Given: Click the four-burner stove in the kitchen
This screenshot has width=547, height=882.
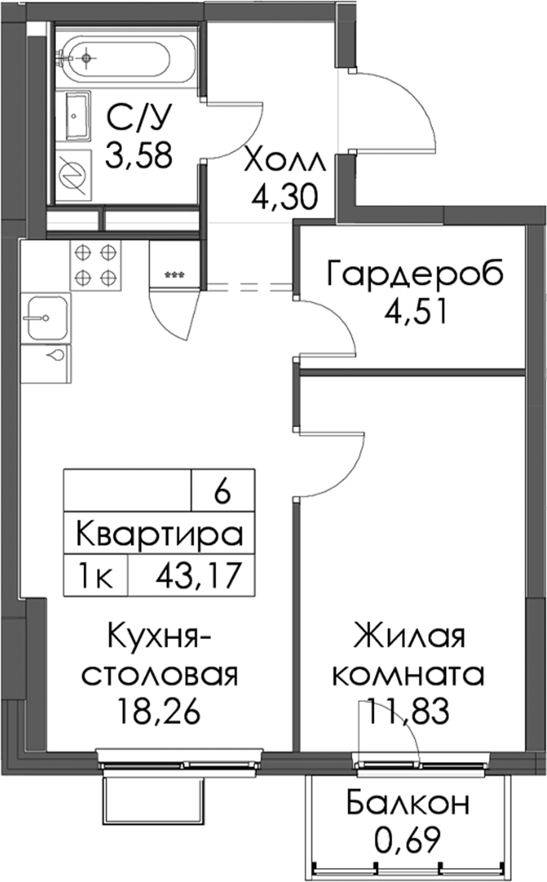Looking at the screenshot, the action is coord(96,265).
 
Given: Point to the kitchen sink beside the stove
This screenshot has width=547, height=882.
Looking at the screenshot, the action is coord(46,318).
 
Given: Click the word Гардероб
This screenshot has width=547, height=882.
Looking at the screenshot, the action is coord(415,274).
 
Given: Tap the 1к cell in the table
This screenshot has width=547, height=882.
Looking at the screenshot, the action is coord(96,576).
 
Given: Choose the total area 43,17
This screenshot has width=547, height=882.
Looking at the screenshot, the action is coord(198,576).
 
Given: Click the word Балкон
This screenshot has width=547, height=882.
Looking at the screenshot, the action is coord(408,803).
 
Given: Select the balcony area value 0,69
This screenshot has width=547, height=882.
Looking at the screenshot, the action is coord(407,839).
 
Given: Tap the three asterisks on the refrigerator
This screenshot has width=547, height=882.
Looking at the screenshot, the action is coord(175,275).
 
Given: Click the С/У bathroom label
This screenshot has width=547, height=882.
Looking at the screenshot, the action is coord(140,118).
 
